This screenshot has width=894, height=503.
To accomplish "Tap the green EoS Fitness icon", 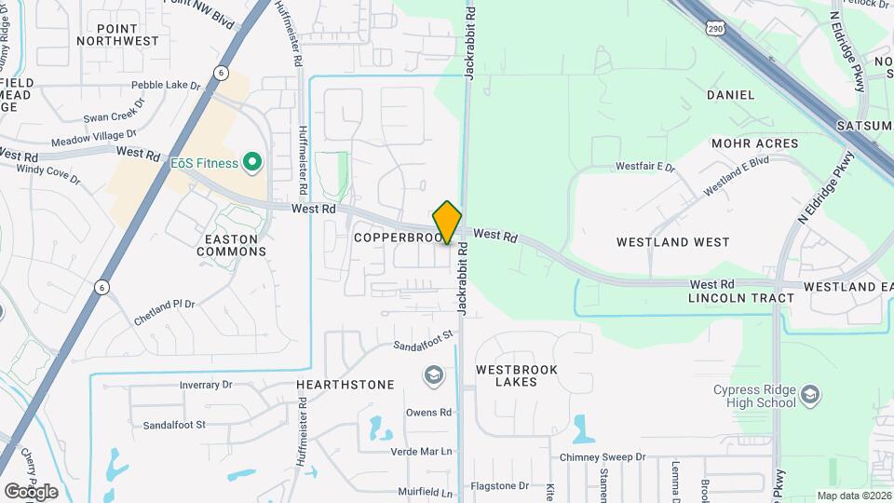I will [251, 163].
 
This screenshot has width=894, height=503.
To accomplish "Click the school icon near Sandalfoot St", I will [432, 375].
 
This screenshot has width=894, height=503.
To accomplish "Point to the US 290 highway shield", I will [715, 30].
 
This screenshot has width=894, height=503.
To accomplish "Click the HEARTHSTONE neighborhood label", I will [345, 384].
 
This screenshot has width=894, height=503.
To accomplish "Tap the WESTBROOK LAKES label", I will [516, 375].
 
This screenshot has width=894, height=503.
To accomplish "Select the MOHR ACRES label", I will [754, 143].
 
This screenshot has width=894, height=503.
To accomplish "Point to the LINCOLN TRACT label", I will [741, 298].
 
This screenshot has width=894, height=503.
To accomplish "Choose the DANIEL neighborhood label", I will [730, 95].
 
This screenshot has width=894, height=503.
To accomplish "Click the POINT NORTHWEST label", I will [118, 34].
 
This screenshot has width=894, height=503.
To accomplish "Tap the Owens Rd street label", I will [428, 412].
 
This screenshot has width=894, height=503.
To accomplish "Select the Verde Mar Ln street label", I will [421, 452].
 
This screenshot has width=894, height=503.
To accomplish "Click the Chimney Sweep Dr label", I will [603, 457].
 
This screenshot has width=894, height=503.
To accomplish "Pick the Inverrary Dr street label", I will [205, 384].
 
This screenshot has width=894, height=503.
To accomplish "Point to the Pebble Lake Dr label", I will [167, 86].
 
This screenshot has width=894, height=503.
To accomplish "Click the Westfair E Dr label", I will [644, 167].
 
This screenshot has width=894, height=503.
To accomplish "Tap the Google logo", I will [31, 491].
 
